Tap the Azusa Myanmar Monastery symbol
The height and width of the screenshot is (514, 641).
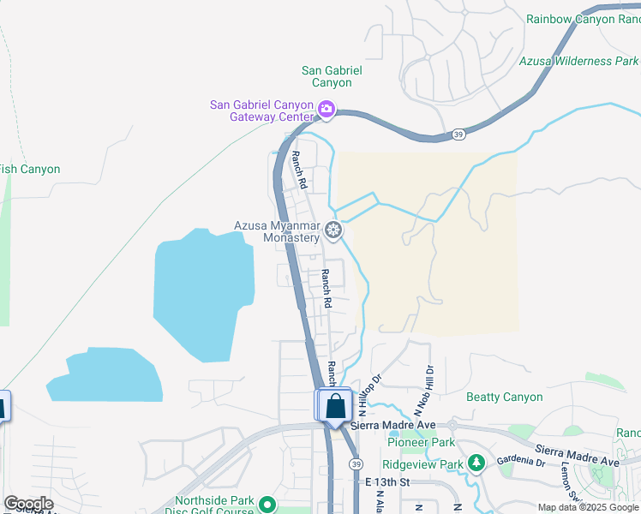pyautogui.click(x=333, y=230)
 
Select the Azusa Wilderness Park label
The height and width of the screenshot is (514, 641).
pyautogui.click(x=578, y=61)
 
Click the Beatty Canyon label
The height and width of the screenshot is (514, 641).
pyautogui.click(x=504, y=397)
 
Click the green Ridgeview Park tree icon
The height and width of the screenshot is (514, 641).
pyautogui.click(x=476, y=463)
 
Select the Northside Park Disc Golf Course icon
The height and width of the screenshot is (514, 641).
pyautogui.click(x=267, y=505)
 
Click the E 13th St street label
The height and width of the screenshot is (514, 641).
pyautogui.click(x=387, y=482)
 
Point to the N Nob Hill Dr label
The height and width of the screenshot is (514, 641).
pyautogui.click(x=424, y=390)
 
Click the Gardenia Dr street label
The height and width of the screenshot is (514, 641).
pyautogui.click(x=524, y=462)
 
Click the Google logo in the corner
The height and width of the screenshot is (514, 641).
pyautogui.click(x=28, y=504)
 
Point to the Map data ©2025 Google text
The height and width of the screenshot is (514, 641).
pyautogui.click(x=587, y=507)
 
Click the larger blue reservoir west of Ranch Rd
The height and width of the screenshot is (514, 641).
pyautogui.click(x=203, y=291)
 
